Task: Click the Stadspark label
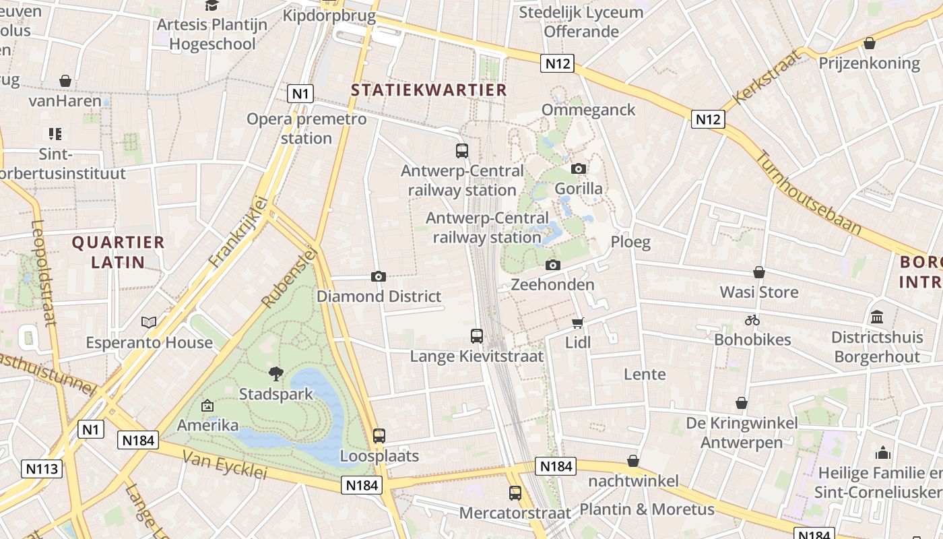coord(276,393)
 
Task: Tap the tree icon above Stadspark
coord(276,373)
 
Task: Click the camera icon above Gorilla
coord(579,168)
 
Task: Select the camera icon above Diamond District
coord(379,276)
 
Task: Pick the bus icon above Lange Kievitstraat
coord(477,336)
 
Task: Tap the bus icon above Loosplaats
coord(379,436)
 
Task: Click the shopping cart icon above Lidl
coord(578,323)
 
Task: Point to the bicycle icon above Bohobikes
coord(752,320)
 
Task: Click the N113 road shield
coord(42,469)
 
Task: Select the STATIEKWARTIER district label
coord(428,90)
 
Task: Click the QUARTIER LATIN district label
coord(118,252)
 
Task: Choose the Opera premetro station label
coord(306,129)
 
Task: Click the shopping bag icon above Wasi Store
coord(759,272)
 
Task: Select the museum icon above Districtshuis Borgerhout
coord(877,317)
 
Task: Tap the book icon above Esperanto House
coord(149,323)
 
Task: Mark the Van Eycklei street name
coord(225,465)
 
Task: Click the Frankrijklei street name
coord(238,231)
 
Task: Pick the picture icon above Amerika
coord(207,406)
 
